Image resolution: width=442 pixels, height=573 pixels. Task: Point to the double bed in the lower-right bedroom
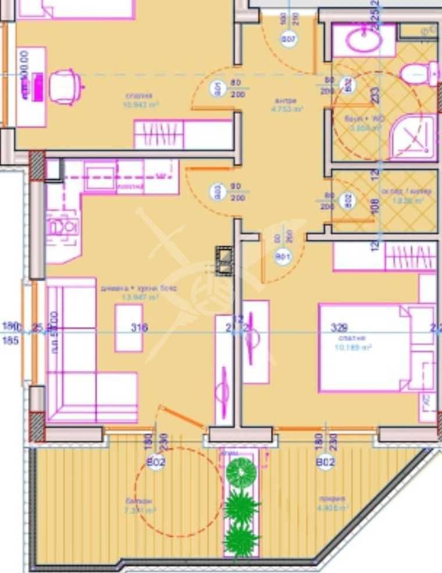[x=366, y=348]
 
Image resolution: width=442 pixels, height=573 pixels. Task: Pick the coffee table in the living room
[x=129, y=328]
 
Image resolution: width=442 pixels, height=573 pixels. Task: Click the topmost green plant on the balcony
[x=241, y=473]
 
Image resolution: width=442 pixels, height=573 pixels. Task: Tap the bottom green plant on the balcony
[x=241, y=539]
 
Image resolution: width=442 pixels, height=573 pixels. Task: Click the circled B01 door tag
[x=283, y=257]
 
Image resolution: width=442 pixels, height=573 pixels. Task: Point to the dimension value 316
[x=140, y=328]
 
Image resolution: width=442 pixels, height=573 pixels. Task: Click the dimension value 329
[x=338, y=328]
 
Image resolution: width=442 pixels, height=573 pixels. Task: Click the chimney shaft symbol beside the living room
[x=224, y=260]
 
